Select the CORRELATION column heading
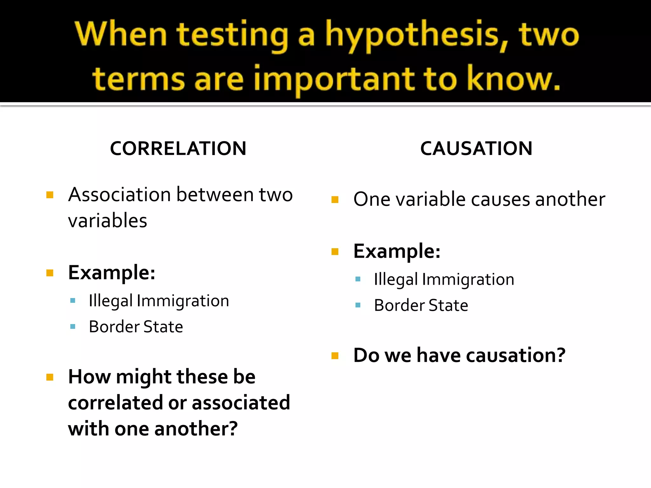pos(178,148)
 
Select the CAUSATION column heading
pos(476,148)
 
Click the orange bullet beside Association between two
pos(50,195)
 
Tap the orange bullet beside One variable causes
pos(335,200)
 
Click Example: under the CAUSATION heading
pos(397,251)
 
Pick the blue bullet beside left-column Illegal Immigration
pos(73,301)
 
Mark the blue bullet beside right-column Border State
pos(358,305)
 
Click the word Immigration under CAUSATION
pos(468,280)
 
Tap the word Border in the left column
pos(114,327)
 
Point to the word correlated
pos(116,403)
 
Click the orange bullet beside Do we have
pos(335,356)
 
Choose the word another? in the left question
pos(196,429)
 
